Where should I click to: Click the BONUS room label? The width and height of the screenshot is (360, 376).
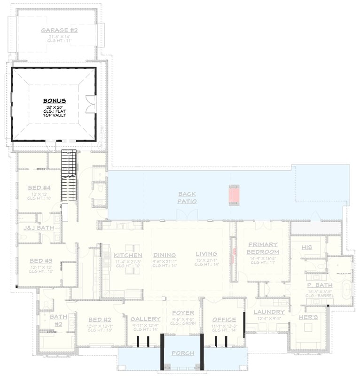click(x=55, y=101)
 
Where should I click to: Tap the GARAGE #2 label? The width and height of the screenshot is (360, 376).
click(x=59, y=31)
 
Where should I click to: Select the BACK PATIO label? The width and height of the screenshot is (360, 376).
click(x=187, y=197)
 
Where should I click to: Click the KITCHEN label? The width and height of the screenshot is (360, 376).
click(x=128, y=255)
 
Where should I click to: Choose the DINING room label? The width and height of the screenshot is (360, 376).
click(x=164, y=255)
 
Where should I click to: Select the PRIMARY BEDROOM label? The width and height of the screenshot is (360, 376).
click(x=263, y=248)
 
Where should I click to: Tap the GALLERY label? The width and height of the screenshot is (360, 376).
click(x=145, y=319)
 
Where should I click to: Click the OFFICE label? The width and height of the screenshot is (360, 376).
click(x=224, y=320)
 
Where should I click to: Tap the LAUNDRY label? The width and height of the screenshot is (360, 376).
click(x=269, y=312)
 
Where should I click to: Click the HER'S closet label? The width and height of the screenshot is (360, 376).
click(x=308, y=318)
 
